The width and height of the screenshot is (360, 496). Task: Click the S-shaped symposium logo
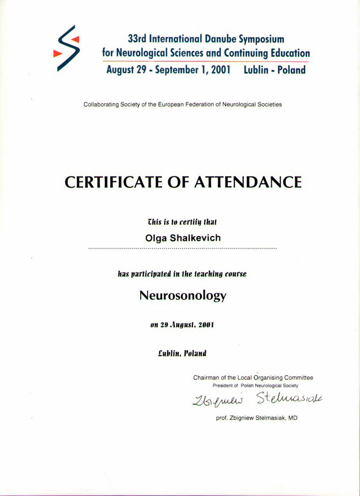coord(67,48)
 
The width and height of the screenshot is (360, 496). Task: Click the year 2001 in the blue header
coord(218,70)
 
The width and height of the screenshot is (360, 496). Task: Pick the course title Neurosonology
coord(182,295)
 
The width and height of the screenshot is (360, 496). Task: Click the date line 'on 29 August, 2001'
coord(182,325)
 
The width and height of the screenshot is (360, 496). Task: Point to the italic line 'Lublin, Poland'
coord(182,353)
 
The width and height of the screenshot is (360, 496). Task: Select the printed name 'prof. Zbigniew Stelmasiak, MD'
coord(256,418)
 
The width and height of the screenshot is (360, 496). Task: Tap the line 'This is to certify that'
coord(182,222)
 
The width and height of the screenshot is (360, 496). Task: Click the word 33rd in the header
coord(138,39)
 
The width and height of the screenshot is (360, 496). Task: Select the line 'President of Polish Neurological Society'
coord(255,386)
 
